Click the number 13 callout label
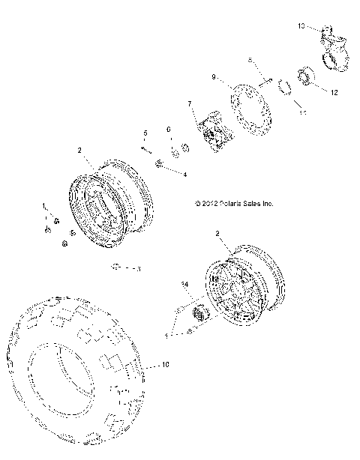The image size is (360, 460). coord(301,26)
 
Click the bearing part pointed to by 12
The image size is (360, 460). coord(305,76)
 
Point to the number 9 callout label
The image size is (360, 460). coord(214,76)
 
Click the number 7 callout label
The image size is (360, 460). coord(190,103)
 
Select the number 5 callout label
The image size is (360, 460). coord(145,133)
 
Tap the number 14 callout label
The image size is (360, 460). coord(182,285)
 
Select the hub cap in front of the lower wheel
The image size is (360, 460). coord(201,314)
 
